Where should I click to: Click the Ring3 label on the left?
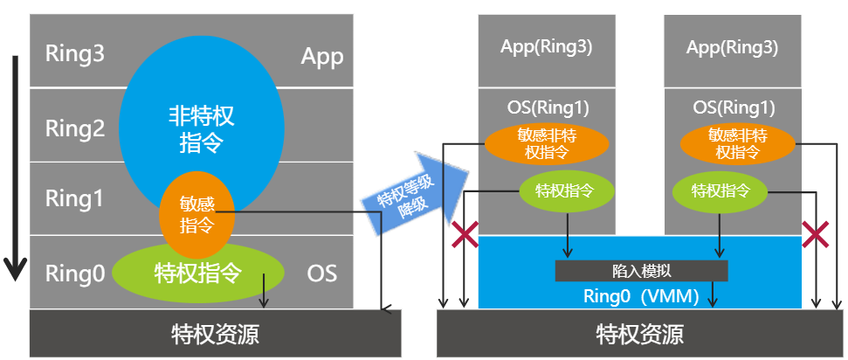click(x=75, y=55)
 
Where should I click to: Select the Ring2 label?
click(x=75, y=129)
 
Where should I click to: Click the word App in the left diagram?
click(x=322, y=57)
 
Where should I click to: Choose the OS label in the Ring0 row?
click(x=321, y=273)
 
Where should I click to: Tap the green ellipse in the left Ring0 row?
click(x=201, y=269)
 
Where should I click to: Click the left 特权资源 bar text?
click(x=215, y=334)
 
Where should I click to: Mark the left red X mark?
click(x=464, y=234)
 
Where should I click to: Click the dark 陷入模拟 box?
click(x=641, y=271)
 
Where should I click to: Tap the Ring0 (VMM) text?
click(x=640, y=295)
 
